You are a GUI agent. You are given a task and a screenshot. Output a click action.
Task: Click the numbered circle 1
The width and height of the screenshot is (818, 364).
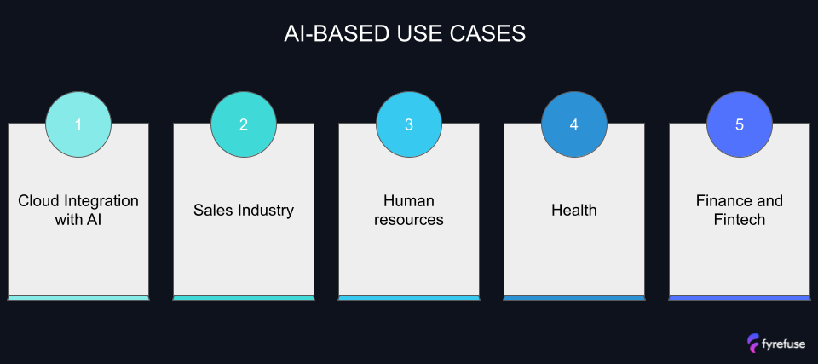pyautogui.click(x=78, y=124)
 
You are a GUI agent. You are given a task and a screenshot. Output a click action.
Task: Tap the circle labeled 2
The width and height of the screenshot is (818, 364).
pyautogui.click(x=244, y=124)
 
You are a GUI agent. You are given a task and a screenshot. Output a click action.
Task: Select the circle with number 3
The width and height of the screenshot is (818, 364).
pyautogui.click(x=409, y=124)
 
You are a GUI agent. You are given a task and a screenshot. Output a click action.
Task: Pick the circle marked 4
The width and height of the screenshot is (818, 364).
pyautogui.click(x=574, y=124)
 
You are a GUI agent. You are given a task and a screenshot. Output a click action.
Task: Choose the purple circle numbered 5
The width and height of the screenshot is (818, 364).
pyautogui.click(x=740, y=124)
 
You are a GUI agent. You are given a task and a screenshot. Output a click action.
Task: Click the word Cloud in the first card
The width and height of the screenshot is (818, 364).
pyautogui.click(x=38, y=201)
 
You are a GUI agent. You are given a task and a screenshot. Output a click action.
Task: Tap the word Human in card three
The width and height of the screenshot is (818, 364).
pyautogui.click(x=409, y=201)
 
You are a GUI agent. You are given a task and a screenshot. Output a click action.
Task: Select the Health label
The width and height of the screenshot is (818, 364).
pyautogui.click(x=574, y=210)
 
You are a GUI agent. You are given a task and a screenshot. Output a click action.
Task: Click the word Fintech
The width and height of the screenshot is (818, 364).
pyautogui.click(x=740, y=220)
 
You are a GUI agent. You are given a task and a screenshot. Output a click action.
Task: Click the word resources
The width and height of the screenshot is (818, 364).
pyautogui.click(x=409, y=220)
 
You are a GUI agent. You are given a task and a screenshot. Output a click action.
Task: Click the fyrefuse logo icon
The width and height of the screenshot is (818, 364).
pyautogui.click(x=754, y=343)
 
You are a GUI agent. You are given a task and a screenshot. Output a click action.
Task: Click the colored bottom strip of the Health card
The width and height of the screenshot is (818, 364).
pyautogui.click(x=574, y=298)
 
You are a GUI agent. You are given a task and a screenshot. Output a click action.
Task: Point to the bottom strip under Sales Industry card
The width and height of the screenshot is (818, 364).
pyautogui.click(x=244, y=298)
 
